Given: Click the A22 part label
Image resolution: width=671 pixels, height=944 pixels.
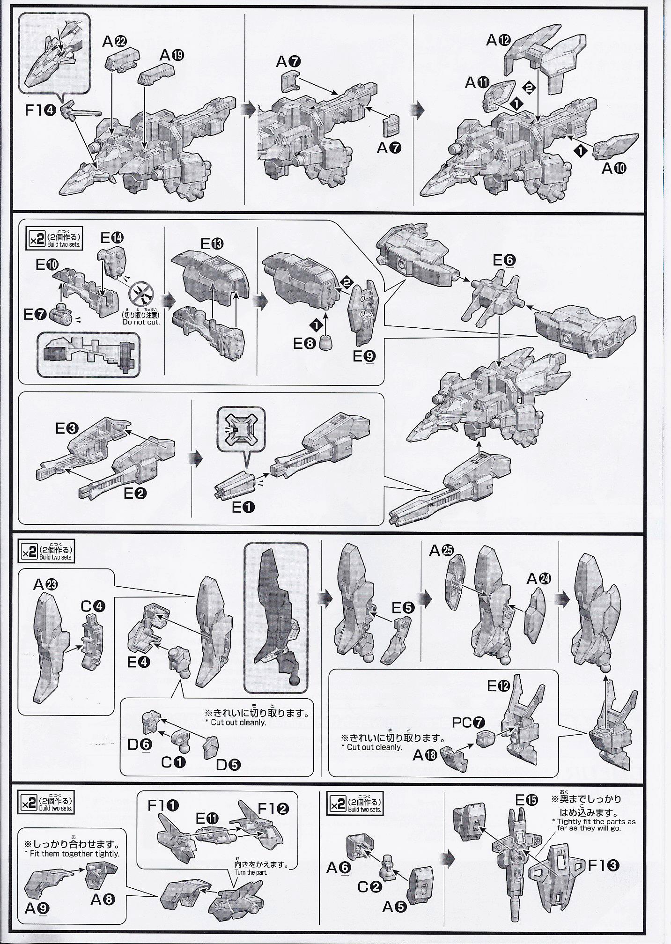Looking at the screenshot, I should pyautogui.click(x=114, y=42).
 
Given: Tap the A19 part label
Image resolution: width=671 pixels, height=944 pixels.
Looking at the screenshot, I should pyautogui.click(x=171, y=55).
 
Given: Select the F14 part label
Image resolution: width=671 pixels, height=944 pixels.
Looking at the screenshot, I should pyautogui.click(x=41, y=111).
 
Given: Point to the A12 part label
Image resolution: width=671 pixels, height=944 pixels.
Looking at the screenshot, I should pyautogui.click(x=498, y=40).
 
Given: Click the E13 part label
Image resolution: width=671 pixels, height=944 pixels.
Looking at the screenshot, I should pyautogui.click(x=212, y=243).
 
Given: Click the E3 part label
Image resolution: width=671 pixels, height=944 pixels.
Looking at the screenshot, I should pyautogui.click(x=67, y=428).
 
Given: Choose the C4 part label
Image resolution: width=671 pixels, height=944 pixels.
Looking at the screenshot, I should pyautogui.click(x=93, y=605).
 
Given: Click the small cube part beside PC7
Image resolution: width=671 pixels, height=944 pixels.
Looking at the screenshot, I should pyautogui.click(x=486, y=739).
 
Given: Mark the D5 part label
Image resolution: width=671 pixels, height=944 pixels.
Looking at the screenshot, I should pyautogui.click(x=228, y=764).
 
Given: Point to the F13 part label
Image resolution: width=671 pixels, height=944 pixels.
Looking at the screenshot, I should pyautogui.click(x=603, y=865).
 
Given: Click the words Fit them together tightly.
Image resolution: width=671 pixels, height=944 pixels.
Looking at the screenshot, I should pyautogui.click(x=72, y=854).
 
